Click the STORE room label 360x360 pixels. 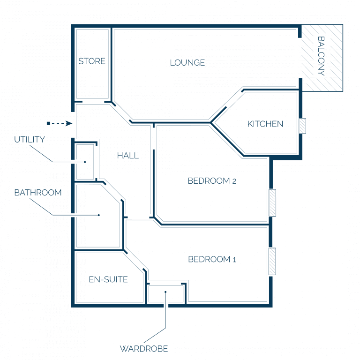tap(92, 61)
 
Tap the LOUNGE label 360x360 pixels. tap(187, 63)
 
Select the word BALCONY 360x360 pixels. tap(321, 56)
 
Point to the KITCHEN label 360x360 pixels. tap(265, 124)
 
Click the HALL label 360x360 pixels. tap(128, 156)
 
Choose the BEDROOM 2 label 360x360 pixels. tap(212, 181)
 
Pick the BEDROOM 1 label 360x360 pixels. tap(212, 259)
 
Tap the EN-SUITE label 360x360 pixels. tap(108, 279)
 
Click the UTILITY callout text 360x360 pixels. tap(30, 140)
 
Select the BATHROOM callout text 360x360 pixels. tap(38, 193)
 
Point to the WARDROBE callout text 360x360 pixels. tap(144, 349)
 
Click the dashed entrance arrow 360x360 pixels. tap(60, 124)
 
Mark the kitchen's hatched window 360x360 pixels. tap(302, 126)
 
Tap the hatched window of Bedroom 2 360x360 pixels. tap(272, 202)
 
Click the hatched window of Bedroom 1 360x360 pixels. tap(272, 261)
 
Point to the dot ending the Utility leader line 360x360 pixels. tap(85, 162)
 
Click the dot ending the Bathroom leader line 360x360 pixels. tap(99, 215)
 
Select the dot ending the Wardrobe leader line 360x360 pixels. tap(165, 292)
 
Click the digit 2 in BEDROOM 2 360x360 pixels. tap(234, 181)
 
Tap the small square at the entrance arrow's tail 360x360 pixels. tap(48, 124)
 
